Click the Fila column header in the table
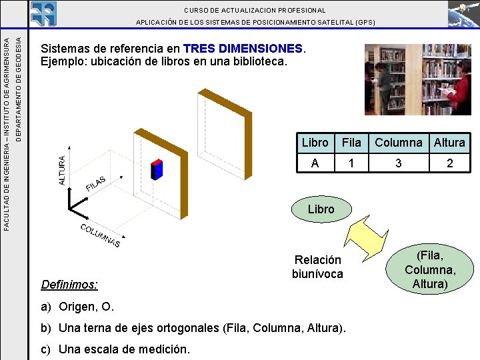pyautogui.click(x=351, y=142)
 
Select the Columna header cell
pyautogui.click(x=398, y=142)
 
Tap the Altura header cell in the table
pyautogui.click(x=449, y=142)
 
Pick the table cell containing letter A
pyautogui.click(x=315, y=163)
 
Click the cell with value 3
pyautogui.click(x=398, y=163)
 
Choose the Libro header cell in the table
pyautogui.click(x=315, y=142)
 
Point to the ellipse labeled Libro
pyautogui.click(x=321, y=209)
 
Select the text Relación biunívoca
pyautogui.click(x=318, y=267)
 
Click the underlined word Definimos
pyautogui.click(x=69, y=285)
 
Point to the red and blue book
pyautogui.click(x=157, y=169)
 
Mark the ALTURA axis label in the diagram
pyautogui.click(x=63, y=171)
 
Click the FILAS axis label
pyautogui.click(x=96, y=183)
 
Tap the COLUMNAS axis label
pyautogui.click(x=100, y=235)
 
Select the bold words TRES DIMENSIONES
pyautogui.click(x=243, y=49)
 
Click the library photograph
pyautogui.click(x=418, y=79)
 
